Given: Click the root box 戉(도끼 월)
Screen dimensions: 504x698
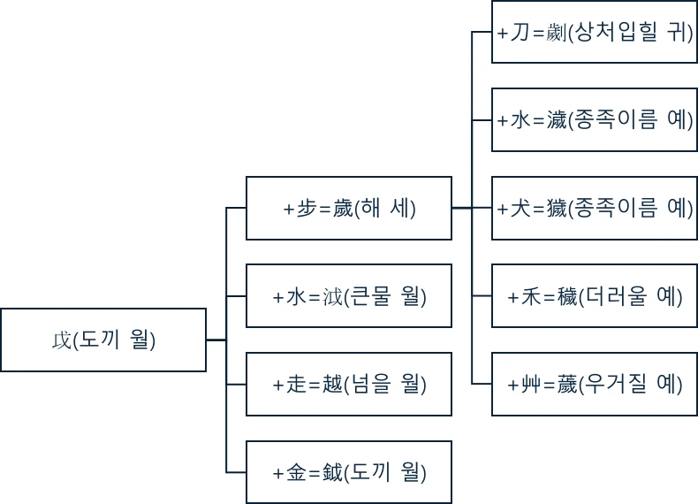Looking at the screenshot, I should point(103,340).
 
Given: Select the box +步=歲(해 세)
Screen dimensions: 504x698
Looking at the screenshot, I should point(349,208).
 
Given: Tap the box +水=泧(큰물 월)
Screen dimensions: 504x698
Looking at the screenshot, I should point(349,296).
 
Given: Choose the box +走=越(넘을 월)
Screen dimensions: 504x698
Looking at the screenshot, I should point(349,385).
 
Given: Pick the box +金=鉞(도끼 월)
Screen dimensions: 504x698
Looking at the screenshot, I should point(349,473).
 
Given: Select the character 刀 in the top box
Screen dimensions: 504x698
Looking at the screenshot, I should point(520,33).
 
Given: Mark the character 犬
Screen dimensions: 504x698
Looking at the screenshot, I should point(520,209).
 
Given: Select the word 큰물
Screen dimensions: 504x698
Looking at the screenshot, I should point(373,296).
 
